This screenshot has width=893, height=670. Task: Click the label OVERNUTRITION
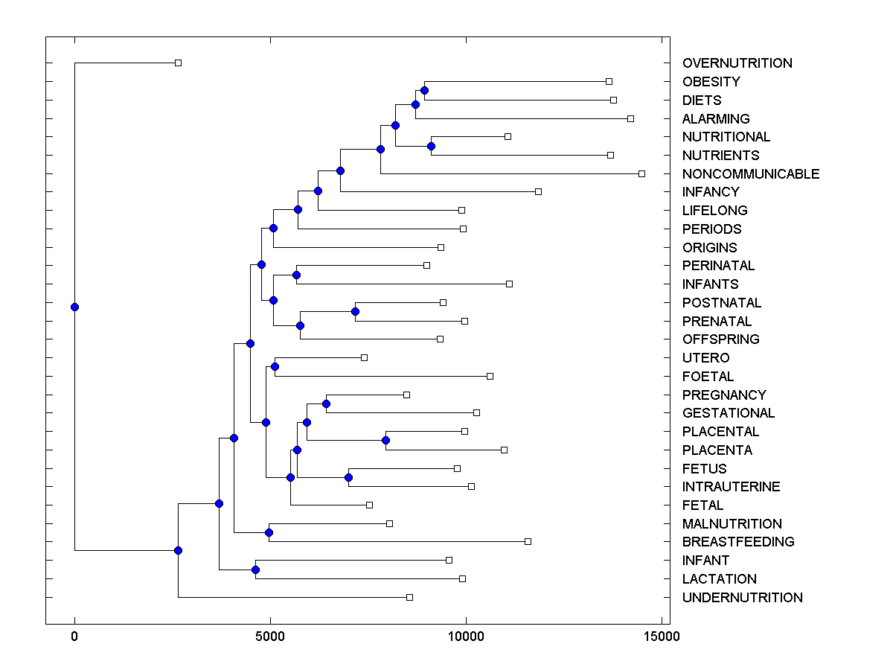[737, 63]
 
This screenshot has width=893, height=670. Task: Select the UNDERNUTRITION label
[742, 598]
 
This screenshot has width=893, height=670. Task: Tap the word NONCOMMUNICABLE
[750, 174]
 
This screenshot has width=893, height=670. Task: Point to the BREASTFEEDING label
[737, 542]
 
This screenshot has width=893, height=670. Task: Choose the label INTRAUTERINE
[731, 487]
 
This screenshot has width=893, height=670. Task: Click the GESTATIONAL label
[728, 413]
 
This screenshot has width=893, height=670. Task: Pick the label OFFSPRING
[720, 339]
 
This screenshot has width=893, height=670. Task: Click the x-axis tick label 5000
[270, 636]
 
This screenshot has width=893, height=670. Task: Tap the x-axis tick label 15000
[662, 636]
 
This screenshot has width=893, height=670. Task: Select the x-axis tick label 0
[74, 636]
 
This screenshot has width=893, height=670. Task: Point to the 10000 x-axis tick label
[466, 636]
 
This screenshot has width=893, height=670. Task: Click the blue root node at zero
[74, 307]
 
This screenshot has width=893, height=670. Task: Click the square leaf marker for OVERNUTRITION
[178, 63]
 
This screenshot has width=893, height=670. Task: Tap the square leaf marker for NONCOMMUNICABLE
[641, 173]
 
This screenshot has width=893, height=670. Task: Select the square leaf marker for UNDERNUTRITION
[409, 597]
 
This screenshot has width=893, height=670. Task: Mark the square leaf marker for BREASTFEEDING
[528, 541]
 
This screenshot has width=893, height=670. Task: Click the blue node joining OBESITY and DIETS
[424, 91]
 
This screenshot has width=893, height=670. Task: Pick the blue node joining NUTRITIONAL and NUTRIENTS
[431, 146]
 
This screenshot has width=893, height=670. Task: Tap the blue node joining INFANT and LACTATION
[255, 569]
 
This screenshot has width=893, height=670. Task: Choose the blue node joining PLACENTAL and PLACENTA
[385, 440]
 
